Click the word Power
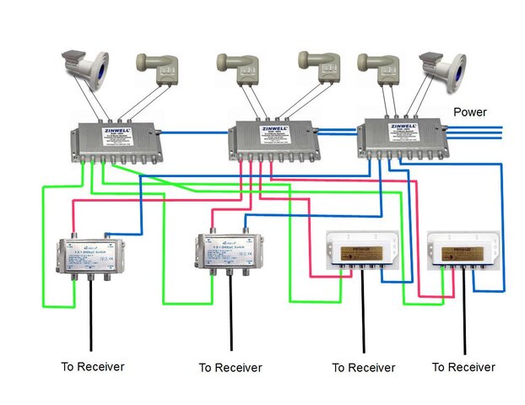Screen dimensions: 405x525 click(469, 111)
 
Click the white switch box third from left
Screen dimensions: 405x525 click(362, 251)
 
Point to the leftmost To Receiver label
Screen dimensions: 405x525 click(93, 367)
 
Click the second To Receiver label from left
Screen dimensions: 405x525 click(230, 368)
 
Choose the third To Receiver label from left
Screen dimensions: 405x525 click(363, 368)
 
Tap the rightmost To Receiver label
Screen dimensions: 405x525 click(463, 367)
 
